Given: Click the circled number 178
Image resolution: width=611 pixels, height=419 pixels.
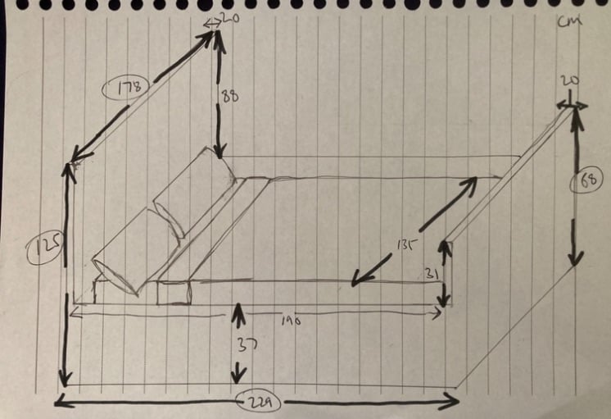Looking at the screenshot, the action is (x=124, y=86).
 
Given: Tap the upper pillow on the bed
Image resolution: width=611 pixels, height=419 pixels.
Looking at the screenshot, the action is (x=195, y=195).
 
